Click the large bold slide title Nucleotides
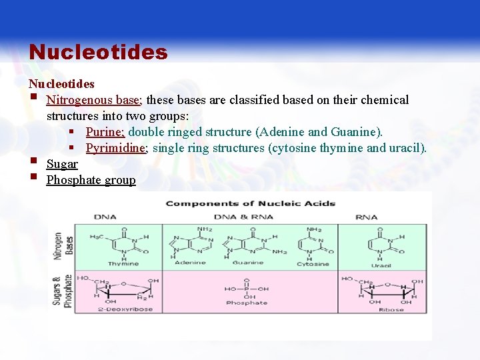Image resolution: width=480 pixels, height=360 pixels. tap(98, 52)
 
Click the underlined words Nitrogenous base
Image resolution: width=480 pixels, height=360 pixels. tap(93, 100)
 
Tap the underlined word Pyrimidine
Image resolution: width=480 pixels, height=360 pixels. tap(116, 148)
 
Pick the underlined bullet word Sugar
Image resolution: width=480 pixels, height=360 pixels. tap(62, 164)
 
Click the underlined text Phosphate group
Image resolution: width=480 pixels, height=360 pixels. tap(91, 180)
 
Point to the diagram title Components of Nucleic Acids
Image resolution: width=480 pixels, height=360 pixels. tap(250, 203)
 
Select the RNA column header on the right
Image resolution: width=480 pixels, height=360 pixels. tap(366, 217)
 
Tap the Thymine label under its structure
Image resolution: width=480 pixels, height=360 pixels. tap(123, 264)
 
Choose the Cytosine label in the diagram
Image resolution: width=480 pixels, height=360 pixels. tap(313, 264)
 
